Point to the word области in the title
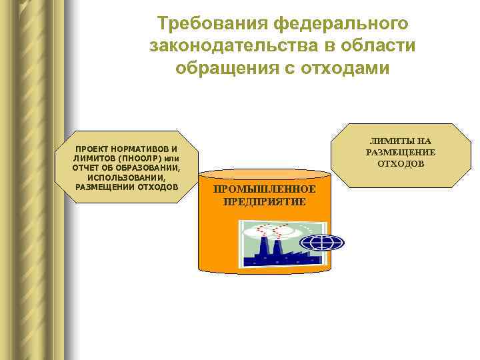point(377,46)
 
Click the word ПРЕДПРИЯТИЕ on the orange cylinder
point(265,201)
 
